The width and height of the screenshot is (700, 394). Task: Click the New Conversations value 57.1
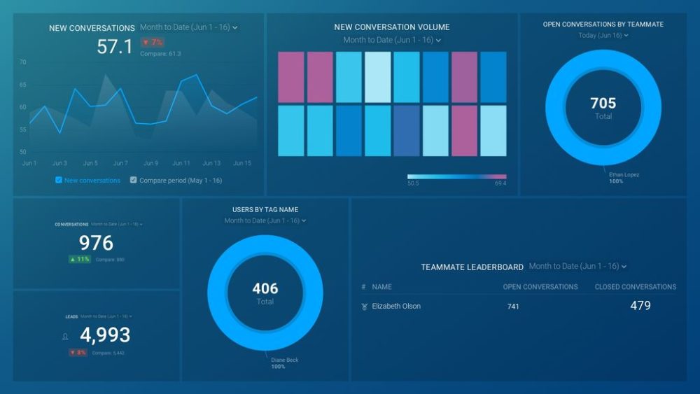tap(114, 47)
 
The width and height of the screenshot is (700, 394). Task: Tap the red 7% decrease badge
tap(153, 42)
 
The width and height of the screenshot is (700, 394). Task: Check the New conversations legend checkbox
tap(59, 180)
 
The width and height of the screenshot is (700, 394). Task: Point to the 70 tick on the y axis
tap(22, 62)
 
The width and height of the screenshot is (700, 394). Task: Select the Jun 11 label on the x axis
tap(181, 163)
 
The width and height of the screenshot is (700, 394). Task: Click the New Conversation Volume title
tap(392, 27)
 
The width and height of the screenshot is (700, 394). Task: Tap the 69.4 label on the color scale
tap(500, 183)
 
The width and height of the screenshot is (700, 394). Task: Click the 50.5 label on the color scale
tap(413, 183)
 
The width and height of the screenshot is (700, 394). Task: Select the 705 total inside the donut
tap(603, 104)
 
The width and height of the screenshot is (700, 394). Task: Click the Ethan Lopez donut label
tap(624, 175)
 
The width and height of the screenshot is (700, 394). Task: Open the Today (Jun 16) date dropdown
tap(603, 36)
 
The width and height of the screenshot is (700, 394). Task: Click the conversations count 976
tap(96, 243)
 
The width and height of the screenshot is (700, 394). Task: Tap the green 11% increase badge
tap(79, 259)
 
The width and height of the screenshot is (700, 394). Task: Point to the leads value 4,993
tap(105, 335)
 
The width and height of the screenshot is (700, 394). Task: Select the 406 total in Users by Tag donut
tap(265, 288)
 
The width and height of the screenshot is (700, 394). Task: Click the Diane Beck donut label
tap(285, 360)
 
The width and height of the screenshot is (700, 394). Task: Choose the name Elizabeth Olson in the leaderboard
tap(396, 307)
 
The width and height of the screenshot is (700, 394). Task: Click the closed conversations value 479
tap(640, 306)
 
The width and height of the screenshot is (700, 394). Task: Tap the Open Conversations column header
tap(540, 287)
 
